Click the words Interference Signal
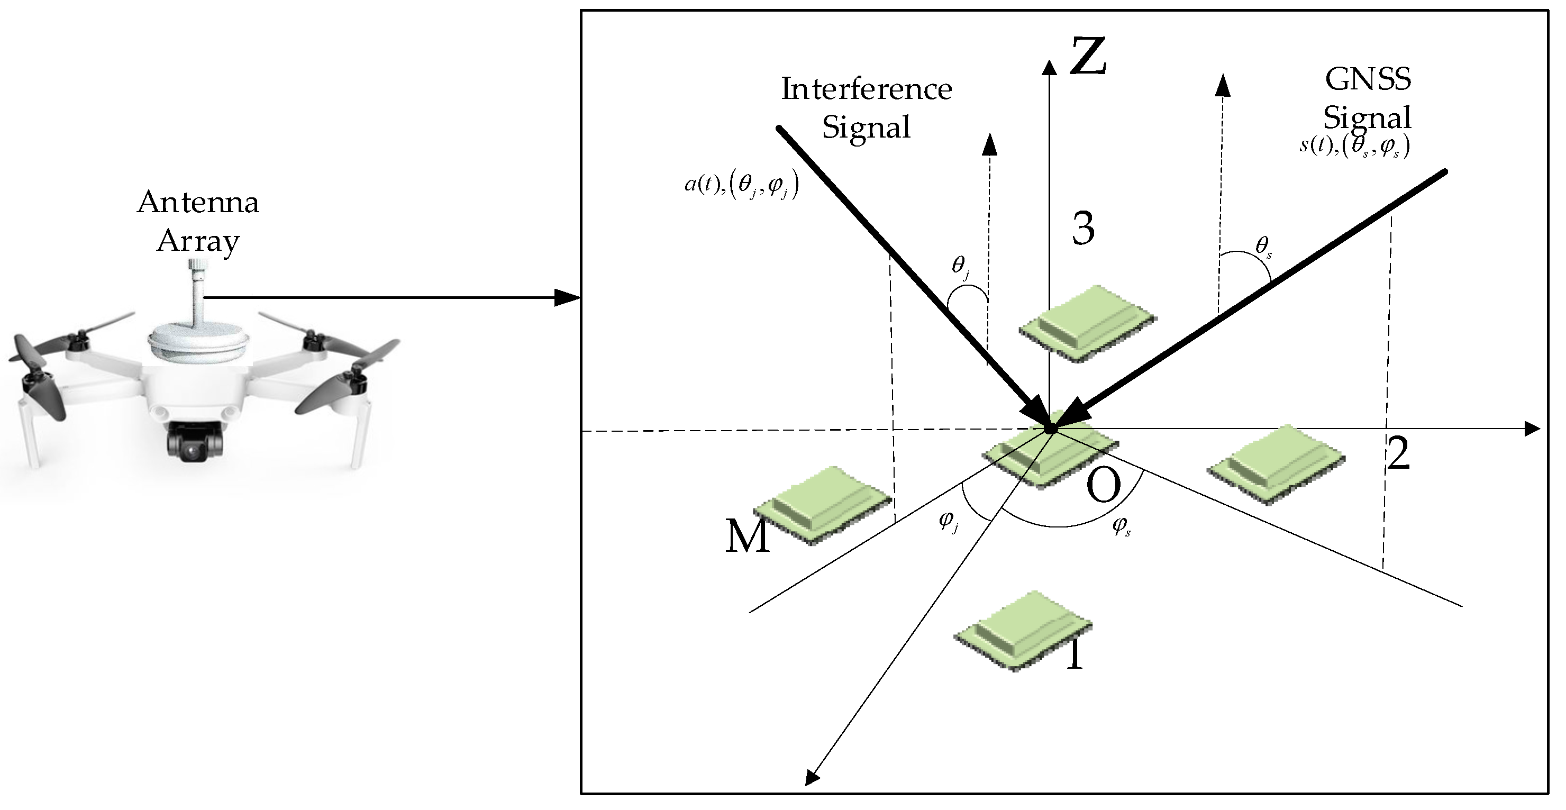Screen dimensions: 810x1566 [866, 108]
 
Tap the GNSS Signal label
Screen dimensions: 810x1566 [1368, 98]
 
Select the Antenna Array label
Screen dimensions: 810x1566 [198, 221]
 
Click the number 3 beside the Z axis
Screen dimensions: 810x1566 [1082, 229]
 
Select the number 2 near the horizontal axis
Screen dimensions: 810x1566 [1398, 454]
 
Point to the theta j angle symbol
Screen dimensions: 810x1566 [960, 266]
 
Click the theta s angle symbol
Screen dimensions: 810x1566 [1263, 247]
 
